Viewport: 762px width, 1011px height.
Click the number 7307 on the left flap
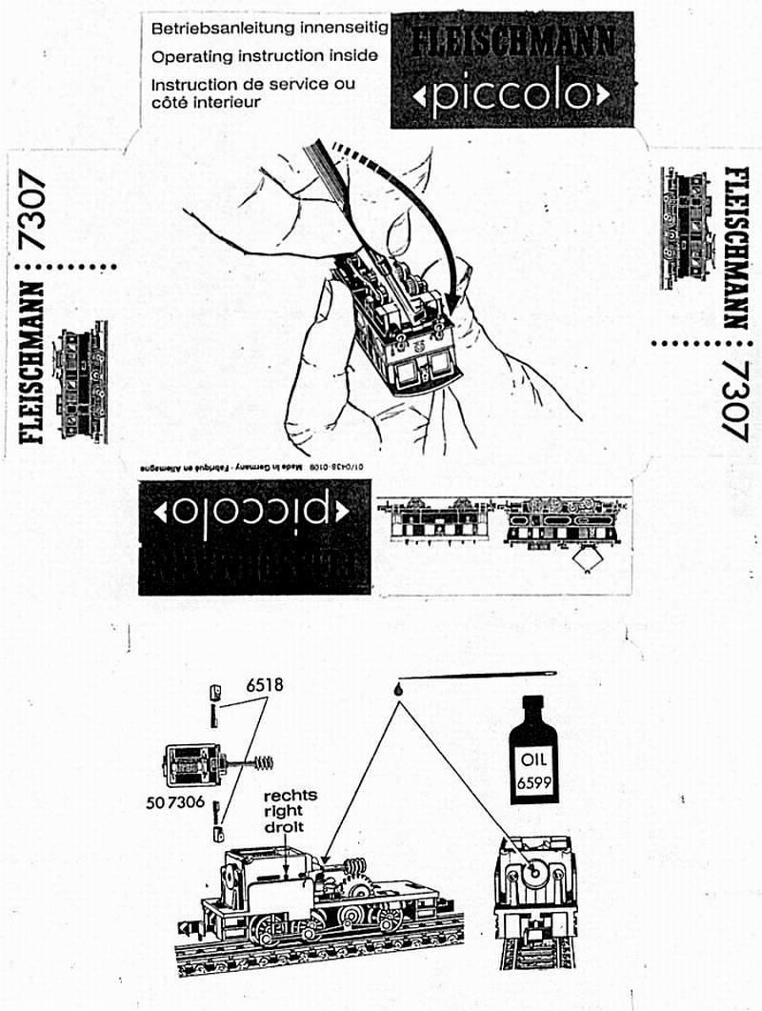36,208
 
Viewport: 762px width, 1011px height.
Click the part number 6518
264,684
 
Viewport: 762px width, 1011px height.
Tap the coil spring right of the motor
261,762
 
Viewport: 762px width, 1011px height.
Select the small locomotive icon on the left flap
84,381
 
